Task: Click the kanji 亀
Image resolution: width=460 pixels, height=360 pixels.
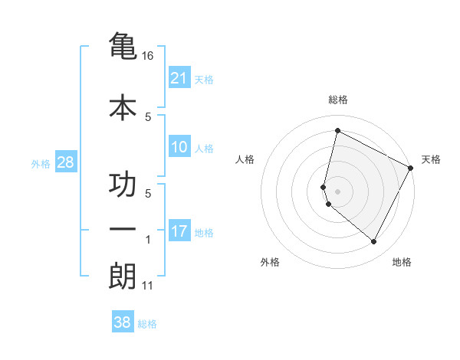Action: pyautogui.click(x=123, y=47)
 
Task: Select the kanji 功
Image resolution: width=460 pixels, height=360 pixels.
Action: pyautogui.click(x=123, y=185)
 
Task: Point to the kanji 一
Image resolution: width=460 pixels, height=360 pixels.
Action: pyautogui.click(x=123, y=229)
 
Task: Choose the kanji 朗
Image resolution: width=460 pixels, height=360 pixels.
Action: pyautogui.click(x=123, y=277)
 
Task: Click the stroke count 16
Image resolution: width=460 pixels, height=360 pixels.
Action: pyautogui.click(x=148, y=57)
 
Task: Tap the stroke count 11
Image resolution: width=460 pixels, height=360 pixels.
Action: pyautogui.click(x=148, y=286)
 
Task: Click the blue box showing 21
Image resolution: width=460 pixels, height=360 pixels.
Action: pyautogui.click(x=179, y=78)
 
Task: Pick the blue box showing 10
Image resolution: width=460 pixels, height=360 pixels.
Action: pyautogui.click(x=179, y=147)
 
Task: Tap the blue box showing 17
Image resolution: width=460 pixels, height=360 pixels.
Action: pyautogui.click(x=179, y=231)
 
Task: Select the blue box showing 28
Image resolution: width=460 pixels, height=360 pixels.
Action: pyautogui.click(x=65, y=162)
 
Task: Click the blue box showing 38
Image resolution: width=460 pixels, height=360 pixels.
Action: pyautogui.click(x=123, y=322)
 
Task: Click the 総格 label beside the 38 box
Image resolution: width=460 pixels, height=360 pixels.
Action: pyautogui.click(x=147, y=324)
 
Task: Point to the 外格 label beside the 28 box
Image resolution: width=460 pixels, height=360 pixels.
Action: pyautogui.click(x=41, y=163)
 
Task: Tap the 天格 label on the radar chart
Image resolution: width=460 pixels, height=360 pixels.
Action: pyautogui.click(x=431, y=159)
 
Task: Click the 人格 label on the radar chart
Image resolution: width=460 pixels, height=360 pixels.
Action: pyautogui.click(x=245, y=159)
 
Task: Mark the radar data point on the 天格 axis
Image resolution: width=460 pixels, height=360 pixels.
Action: pyautogui.click(x=411, y=168)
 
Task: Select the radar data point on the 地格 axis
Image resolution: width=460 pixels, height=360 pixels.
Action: pyautogui.click(x=374, y=242)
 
